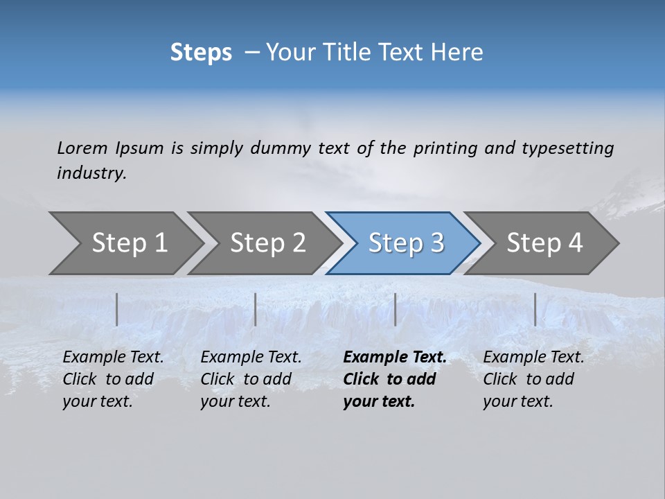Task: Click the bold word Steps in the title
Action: (201, 53)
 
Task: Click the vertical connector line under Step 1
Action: (117, 309)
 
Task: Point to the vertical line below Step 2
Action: (256, 309)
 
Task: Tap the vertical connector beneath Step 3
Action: (395, 309)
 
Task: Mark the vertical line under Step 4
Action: (535, 309)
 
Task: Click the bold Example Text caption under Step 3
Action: (394, 379)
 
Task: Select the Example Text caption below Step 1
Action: (113, 379)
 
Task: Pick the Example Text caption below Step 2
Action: (251, 379)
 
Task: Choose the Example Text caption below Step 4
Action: (533, 379)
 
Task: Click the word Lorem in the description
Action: (82, 148)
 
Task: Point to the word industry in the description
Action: (91, 173)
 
